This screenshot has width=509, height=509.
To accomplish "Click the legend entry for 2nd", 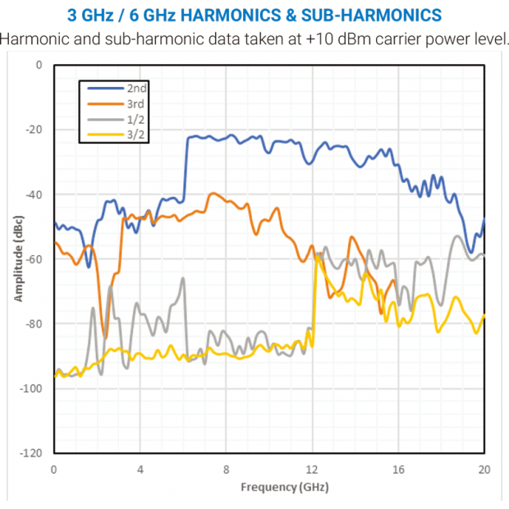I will pos(137,87).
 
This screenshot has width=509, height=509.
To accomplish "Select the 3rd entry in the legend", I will pos(136,103).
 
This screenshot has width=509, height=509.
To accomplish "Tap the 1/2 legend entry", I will pos(137,120).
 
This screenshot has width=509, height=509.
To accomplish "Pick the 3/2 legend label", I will pos(137,135).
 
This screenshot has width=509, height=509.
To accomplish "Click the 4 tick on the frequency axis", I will pos(140,470).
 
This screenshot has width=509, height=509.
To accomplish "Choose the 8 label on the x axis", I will pos(227,470).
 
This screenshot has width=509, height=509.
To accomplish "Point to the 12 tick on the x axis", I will pos(312,470).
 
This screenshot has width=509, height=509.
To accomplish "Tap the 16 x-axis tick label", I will pos(398,470).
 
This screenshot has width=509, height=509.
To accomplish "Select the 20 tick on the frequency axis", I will pos(484,470).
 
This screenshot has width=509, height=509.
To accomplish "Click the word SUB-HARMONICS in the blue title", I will pos(378,16).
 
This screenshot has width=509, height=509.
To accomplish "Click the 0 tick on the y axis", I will pos(39,65).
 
